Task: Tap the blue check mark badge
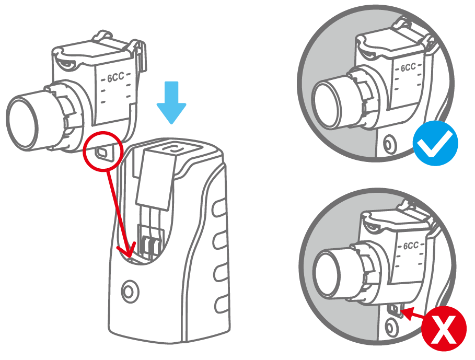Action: tap(435, 143)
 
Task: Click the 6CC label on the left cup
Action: tap(116, 77)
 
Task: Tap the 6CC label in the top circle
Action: tap(408, 67)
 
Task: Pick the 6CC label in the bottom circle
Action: tap(411, 245)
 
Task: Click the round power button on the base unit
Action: tap(130, 292)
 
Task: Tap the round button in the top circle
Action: tap(388, 144)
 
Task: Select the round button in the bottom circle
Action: tap(391, 328)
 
